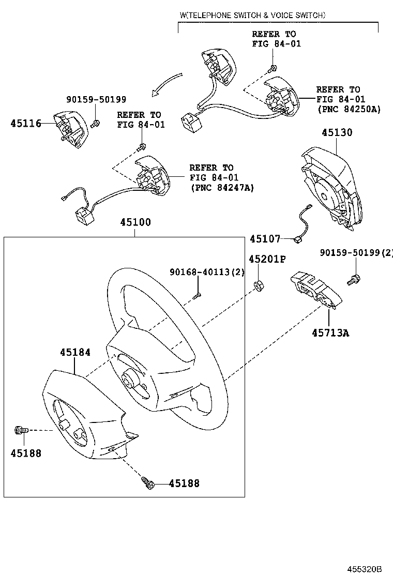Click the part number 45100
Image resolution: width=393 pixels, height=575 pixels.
(x=135, y=222)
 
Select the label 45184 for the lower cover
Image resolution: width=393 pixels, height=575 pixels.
(x=75, y=352)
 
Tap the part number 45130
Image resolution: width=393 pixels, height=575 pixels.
(x=337, y=132)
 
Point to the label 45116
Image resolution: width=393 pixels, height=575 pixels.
(x=26, y=123)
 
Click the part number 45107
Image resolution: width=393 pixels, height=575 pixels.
(x=265, y=239)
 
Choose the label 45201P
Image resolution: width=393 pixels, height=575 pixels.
(x=267, y=259)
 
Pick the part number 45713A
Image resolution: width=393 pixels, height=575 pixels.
(x=330, y=332)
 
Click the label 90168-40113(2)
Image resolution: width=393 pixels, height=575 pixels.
(x=207, y=273)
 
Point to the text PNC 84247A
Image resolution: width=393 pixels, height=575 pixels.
(x=222, y=187)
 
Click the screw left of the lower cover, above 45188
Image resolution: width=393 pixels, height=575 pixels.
(x=20, y=430)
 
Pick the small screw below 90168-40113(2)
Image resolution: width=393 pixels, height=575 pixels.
(x=196, y=296)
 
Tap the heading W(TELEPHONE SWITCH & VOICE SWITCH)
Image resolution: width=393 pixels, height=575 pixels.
(x=252, y=16)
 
